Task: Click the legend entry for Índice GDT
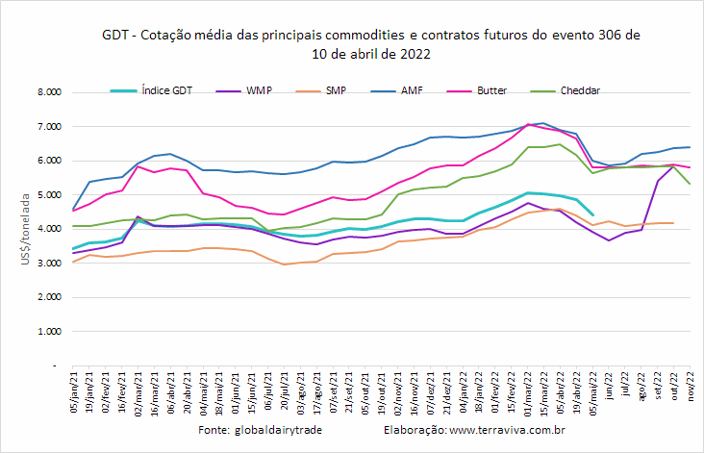tap(151, 90)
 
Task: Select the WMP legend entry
tap(243, 90)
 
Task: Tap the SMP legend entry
tap(321, 90)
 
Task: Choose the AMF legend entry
tap(397, 90)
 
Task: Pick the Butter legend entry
tap(477, 90)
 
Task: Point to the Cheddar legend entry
tap(565, 90)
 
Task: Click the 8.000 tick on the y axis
tap(49, 92)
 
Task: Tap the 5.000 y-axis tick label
tap(49, 195)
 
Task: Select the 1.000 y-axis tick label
tap(49, 331)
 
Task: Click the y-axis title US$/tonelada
tap(25, 229)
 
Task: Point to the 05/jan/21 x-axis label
tap(74, 391)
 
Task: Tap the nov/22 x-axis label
tap(691, 386)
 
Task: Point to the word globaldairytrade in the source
tap(278, 430)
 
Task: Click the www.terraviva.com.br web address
tap(507, 430)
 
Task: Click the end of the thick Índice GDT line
tap(592, 215)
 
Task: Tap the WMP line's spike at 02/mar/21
tap(138, 216)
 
